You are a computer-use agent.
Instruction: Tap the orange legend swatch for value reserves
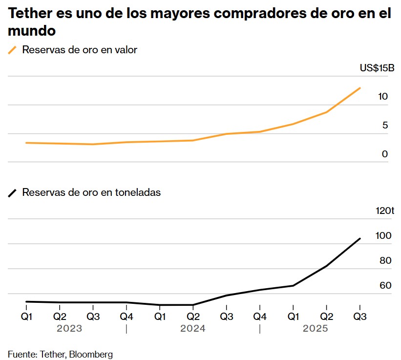pyautogui.click(x=13, y=50)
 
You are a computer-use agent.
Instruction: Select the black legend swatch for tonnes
pyautogui.click(x=13, y=193)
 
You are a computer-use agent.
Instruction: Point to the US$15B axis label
pyautogui.click(x=377, y=68)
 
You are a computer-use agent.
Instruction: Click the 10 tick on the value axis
pyautogui.click(x=383, y=97)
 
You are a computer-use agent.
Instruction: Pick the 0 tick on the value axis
pyautogui.click(x=385, y=154)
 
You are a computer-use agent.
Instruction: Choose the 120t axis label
pyautogui.click(x=384, y=211)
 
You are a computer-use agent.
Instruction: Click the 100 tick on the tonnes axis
pyautogui.click(x=384, y=236)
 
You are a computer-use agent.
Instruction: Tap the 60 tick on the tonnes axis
pyautogui.click(x=385, y=285)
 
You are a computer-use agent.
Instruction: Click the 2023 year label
pyautogui.click(x=69, y=329)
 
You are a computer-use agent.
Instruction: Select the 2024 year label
pyautogui.click(x=193, y=329)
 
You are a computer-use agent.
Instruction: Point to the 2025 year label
pyautogui.click(x=316, y=329)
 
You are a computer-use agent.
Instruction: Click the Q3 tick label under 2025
pyautogui.click(x=360, y=316)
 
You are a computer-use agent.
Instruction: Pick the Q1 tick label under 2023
pyautogui.click(x=26, y=316)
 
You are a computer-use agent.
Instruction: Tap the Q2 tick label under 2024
pyautogui.click(x=193, y=316)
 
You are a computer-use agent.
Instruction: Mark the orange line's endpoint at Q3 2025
pyautogui.click(x=360, y=88)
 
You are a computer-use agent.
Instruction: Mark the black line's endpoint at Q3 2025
pyautogui.click(x=360, y=238)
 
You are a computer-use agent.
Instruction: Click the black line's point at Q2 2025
pyautogui.click(x=326, y=266)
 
